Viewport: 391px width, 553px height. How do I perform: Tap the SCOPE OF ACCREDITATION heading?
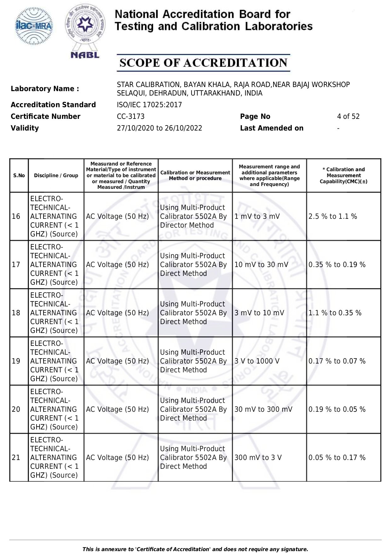(x=203, y=63)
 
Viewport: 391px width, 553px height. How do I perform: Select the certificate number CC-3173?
(x=130, y=116)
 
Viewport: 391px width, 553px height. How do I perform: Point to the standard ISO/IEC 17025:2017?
(x=149, y=105)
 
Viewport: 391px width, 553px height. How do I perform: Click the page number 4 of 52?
(x=348, y=116)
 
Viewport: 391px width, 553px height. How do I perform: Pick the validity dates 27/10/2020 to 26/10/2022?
(x=159, y=128)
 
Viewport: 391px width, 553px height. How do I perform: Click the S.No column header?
(x=19, y=176)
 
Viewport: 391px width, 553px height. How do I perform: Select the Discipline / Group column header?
(x=56, y=176)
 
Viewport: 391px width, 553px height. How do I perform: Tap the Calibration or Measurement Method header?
(x=195, y=176)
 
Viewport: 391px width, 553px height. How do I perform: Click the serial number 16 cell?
(x=16, y=216)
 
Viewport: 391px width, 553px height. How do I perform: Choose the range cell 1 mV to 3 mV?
(x=257, y=216)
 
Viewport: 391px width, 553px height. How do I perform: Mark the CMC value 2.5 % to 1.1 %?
(x=333, y=216)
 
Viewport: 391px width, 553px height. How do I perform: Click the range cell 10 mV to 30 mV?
(x=261, y=265)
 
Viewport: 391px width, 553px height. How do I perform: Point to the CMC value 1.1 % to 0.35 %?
(x=335, y=313)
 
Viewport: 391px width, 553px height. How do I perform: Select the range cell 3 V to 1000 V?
(x=257, y=361)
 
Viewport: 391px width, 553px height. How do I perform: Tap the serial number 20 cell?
(x=16, y=409)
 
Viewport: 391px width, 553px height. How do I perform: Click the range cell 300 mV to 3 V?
(x=258, y=457)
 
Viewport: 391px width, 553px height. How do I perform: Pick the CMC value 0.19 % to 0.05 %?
(x=337, y=409)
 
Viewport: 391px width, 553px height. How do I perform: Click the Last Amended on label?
(x=272, y=128)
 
